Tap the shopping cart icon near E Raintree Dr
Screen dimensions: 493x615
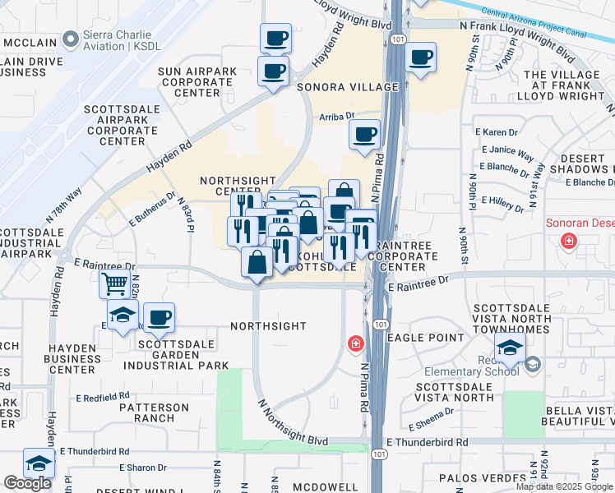pyautogui.click(x=114, y=284)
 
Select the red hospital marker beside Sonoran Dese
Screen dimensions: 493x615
pyautogui.click(x=568, y=242)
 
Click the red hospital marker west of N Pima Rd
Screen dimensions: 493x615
pyautogui.click(x=355, y=343)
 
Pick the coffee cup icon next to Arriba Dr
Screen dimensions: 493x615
pyautogui.click(x=363, y=135)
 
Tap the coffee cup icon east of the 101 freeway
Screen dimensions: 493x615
pyautogui.click(x=420, y=58)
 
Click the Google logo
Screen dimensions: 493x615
pyautogui.click(x=27, y=483)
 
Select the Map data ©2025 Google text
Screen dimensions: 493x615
pyautogui.click(x=564, y=486)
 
